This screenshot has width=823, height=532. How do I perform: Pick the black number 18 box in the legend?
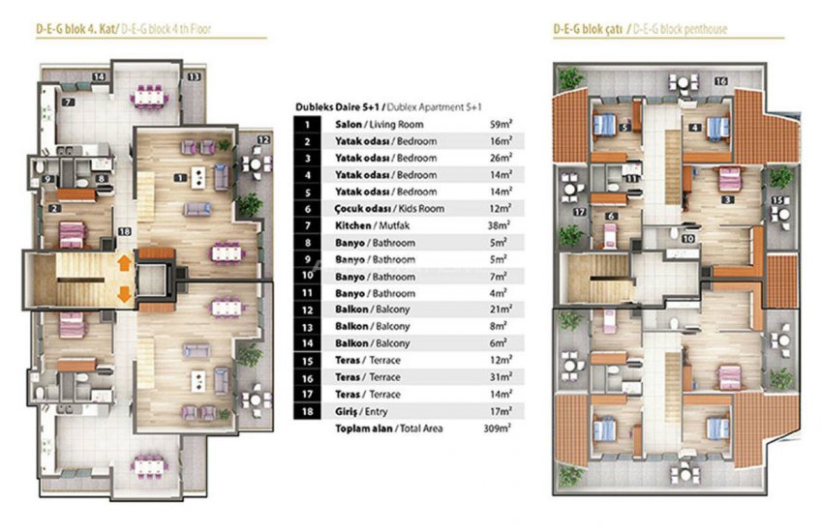(x=307, y=411)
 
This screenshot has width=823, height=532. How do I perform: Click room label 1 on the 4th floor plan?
(x=180, y=177)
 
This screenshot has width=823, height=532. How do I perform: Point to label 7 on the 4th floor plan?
(x=69, y=102)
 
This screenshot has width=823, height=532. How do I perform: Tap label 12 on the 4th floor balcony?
(x=262, y=140)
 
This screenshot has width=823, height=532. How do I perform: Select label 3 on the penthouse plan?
(x=728, y=199)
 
